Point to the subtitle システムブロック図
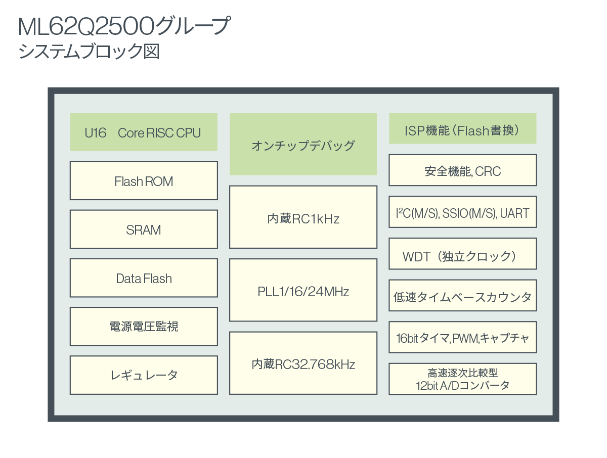89,52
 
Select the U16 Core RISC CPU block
144,132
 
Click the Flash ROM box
144,180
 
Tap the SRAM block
144,230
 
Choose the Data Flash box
144,278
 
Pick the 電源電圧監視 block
144,327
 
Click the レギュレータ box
144,375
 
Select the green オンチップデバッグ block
303,144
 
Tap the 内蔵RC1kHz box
303,217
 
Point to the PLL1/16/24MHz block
303,290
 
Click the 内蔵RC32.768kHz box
303,363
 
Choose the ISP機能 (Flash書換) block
463,128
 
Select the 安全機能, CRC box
463,170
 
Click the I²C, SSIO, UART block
463,212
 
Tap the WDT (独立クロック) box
463,254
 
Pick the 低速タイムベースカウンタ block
463,295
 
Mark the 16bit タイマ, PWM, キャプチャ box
463,337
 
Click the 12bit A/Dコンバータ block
463,379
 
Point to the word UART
514,213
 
